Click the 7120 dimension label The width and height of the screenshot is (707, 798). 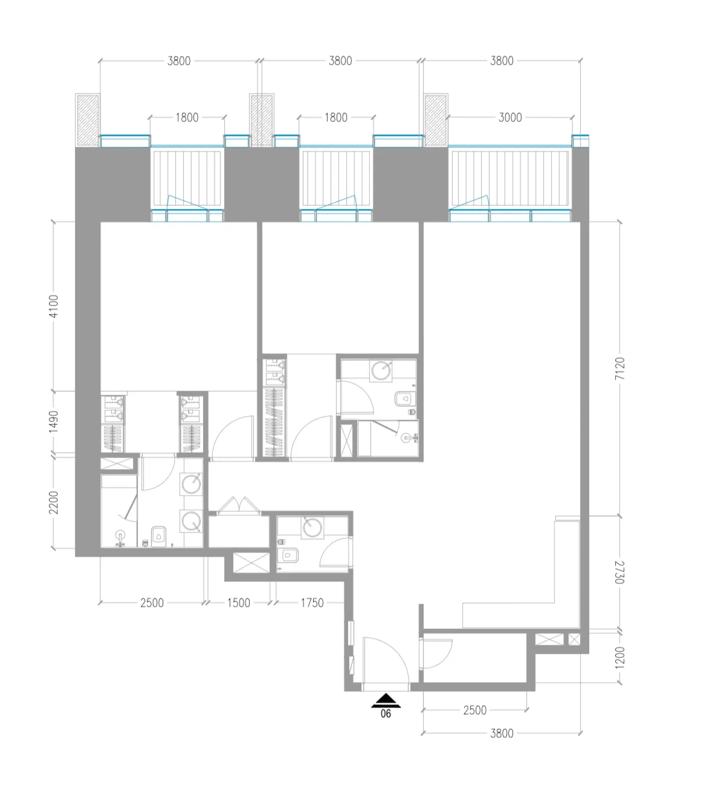(619, 369)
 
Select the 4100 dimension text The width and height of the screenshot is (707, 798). (54, 307)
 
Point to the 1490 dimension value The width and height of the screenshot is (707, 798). (54, 421)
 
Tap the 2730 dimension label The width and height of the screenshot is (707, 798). (619, 572)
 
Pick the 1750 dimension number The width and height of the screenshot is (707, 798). (312, 602)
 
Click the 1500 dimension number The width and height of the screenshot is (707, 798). (239, 602)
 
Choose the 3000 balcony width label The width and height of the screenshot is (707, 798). (510, 117)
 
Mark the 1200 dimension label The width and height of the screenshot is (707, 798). (619, 657)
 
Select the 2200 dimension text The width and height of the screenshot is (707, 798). (54, 502)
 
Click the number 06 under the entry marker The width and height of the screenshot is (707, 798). (386, 714)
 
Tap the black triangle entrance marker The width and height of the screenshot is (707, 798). (386, 701)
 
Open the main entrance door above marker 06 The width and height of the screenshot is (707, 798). (386, 662)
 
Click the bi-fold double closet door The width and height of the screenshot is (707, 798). (239, 506)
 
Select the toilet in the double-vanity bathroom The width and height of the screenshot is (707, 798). (159, 534)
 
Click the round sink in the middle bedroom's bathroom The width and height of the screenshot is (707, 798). (381, 370)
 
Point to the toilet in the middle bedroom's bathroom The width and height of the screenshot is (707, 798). (404, 398)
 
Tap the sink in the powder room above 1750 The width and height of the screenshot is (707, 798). (312, 527)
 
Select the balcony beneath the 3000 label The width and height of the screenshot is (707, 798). (510, 179)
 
